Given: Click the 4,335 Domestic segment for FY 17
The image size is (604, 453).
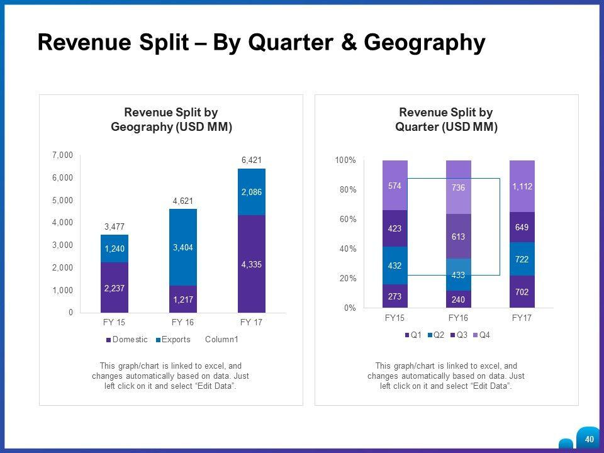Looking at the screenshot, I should (x=251, y=264).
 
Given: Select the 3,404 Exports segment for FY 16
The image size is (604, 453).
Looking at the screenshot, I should (x=182, y=248).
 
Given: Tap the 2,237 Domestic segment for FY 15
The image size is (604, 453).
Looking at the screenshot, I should (x=115, y=288).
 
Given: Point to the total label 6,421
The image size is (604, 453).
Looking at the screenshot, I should (x=251, y=160).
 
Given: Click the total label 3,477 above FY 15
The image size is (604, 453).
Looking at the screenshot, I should (x=115, y=226).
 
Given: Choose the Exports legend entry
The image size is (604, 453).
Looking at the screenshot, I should (x=176, y=340).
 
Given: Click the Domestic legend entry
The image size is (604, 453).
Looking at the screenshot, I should (x=130, y=340).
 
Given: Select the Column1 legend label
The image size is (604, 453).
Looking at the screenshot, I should (x=221, y=340).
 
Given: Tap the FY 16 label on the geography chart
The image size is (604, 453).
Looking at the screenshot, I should (x=182, y=322).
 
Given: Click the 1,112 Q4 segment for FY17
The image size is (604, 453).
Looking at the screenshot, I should (x=522, y=186).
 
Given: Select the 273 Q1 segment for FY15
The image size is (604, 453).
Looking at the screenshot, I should (x=394, y=296).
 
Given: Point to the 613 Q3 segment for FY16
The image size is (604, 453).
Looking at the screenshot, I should (x=459, y=236).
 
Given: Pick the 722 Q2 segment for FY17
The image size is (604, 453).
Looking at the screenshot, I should (x=522, y=259).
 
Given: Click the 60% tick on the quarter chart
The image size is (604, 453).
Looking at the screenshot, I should (x=346, y=219).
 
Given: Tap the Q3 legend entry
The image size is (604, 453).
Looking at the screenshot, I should (x=461, y=335).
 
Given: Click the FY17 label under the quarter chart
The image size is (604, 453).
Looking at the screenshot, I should (x=522, y=318).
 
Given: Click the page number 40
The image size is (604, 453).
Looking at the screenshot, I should (x=589, y=439).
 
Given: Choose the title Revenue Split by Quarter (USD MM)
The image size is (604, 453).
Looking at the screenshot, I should (x=446, y=120).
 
